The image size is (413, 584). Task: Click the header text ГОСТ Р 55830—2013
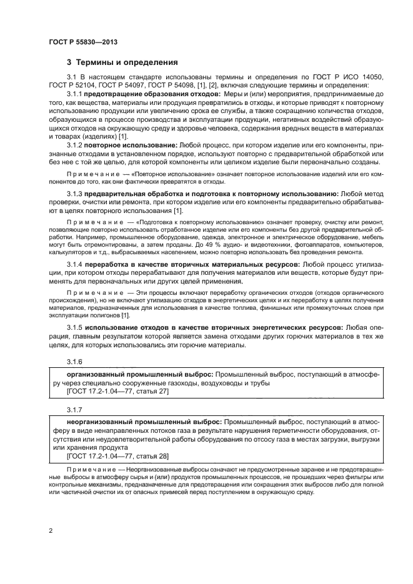click(x=83, y=42)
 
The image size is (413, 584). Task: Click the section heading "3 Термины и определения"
click(x=122, y=62)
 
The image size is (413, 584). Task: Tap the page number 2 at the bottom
click(x=51, y=530)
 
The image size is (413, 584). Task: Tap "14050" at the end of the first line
click(x=371, y=77)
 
